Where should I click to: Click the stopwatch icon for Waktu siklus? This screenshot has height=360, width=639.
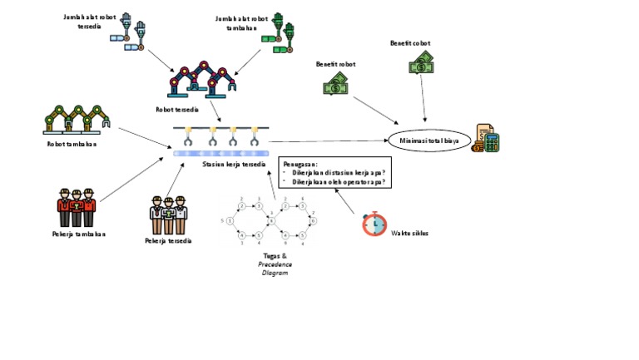click(374, 224)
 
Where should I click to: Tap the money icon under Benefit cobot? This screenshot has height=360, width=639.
click(422, 62)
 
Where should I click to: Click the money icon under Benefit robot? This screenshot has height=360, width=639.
click(336, 84)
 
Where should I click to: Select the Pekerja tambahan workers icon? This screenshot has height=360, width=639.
click(77, 208)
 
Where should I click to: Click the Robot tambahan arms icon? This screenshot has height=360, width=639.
click(77, 120)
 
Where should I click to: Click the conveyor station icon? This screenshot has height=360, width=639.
click(221, 141)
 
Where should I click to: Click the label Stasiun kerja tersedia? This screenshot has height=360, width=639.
click(234, 165)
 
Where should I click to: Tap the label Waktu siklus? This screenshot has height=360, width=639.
click(409, 233)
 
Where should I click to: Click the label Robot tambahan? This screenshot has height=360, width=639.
click(72, 144)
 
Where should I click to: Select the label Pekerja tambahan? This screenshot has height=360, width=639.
click(78, 234)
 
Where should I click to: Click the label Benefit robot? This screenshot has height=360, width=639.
click(335, 63)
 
